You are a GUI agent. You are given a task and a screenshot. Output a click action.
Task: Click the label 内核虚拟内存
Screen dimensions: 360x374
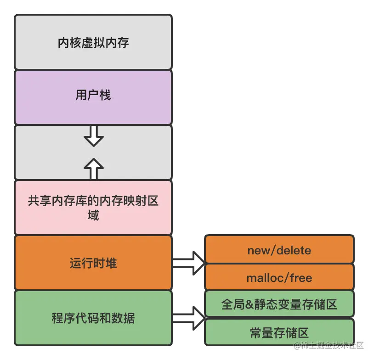(x=93, y=43)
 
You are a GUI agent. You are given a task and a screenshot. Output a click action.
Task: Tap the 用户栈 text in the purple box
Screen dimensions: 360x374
(x=93, y=96)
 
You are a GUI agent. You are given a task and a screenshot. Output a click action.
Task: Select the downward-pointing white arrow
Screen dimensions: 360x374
(x=94, y=135)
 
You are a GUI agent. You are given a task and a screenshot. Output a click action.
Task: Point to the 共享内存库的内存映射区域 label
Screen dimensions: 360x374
(x=93, y=208)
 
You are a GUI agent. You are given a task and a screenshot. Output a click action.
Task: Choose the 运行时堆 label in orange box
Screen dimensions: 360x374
(x=93, y=263)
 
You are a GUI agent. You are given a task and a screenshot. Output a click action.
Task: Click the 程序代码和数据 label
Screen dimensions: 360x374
(x=93, y=318)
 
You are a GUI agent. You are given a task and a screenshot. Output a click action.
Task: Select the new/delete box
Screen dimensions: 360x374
(x=279, y=250)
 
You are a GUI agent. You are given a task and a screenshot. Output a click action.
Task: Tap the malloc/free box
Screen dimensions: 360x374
(x=279, y=277)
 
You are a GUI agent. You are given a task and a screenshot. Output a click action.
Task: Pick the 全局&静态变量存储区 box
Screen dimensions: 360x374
(x=279, y=304)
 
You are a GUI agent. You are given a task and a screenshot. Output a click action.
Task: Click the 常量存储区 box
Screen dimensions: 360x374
(x=279, y=332)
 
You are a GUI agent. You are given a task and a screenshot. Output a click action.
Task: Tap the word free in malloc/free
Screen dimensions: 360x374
(x=301, y=278)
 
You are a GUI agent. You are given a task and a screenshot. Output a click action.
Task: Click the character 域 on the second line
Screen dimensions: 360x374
(x=93, y=215)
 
